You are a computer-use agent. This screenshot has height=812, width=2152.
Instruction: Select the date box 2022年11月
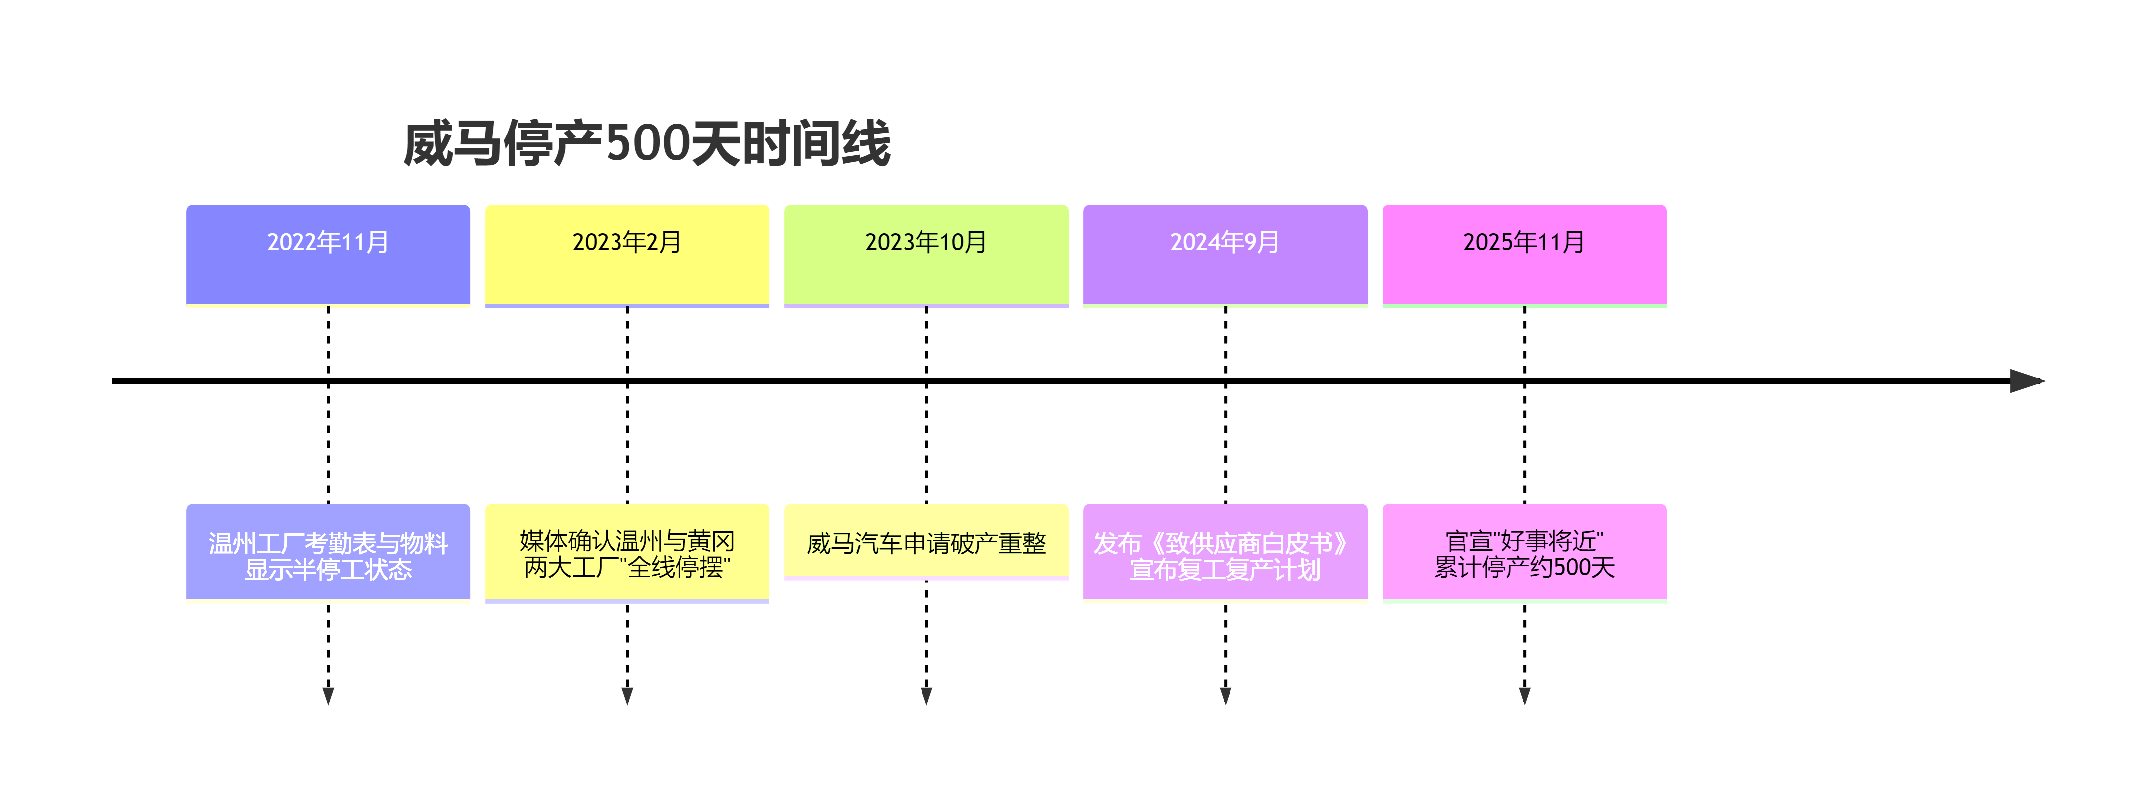tap(328, 254)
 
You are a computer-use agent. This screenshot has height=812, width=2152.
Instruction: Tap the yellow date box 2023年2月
tap(627, 254)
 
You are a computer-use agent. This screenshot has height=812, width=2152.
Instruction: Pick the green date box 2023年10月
tap(926, 254)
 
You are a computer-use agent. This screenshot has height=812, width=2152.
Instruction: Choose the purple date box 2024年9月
tap(1226, 254)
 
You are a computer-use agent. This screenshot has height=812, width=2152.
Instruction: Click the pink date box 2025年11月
tap(1525, 254)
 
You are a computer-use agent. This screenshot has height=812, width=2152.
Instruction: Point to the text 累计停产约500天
tap(1525, 568)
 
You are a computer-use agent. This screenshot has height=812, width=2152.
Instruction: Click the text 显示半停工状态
tap(328, 570)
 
